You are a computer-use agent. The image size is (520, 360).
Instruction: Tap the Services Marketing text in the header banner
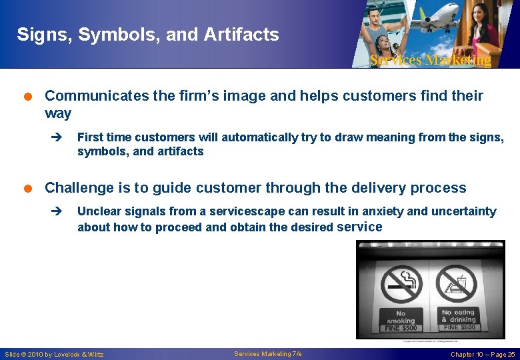(430, 60)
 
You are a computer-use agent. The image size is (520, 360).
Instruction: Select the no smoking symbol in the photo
(401, 285)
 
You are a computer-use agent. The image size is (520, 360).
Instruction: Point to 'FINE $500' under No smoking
(401, 327)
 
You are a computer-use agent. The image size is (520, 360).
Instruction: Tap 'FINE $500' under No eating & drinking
(458, 327)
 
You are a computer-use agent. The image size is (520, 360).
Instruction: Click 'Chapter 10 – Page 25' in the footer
(483, 354)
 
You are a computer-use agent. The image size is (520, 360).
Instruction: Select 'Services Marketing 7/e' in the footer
(268, 353)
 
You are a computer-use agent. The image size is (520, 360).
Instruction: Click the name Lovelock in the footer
(69, 354)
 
